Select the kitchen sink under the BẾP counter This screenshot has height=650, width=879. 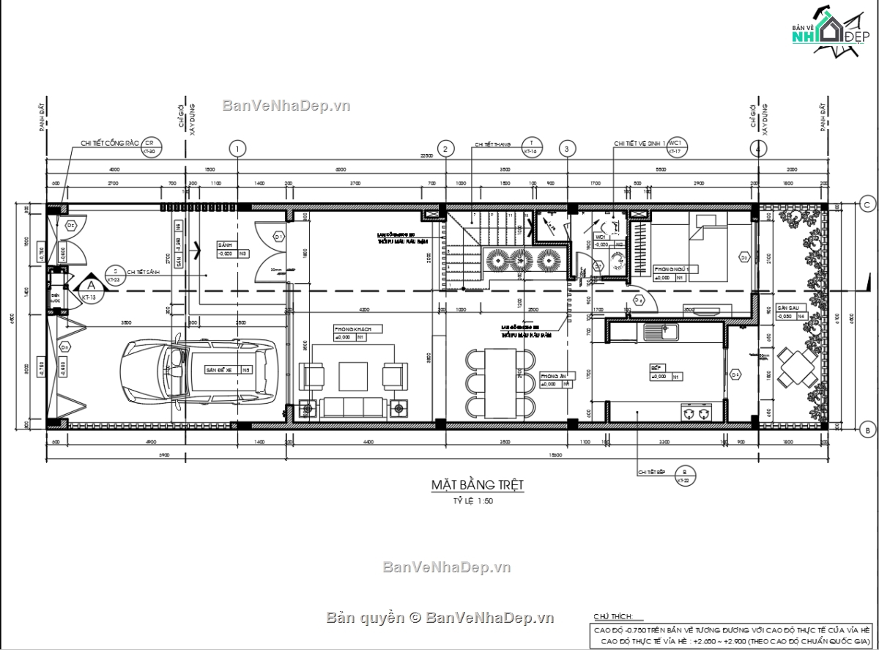661,332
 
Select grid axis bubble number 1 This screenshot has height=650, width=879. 237,149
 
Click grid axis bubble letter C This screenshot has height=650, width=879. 866,204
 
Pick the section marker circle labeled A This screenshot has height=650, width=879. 91,284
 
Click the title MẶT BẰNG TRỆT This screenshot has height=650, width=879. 477,485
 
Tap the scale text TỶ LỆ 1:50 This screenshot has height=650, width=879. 472,503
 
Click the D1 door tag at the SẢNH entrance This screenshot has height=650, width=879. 278,237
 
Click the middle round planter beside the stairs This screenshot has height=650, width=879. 521,260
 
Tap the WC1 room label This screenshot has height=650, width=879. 600,237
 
